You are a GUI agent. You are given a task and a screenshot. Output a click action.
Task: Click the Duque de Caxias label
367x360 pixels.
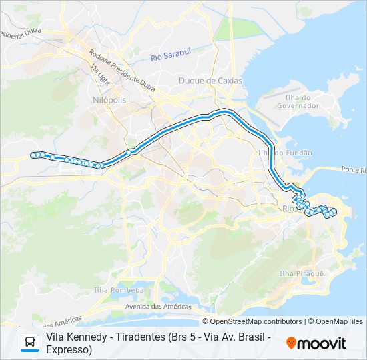click(x=210, y=81)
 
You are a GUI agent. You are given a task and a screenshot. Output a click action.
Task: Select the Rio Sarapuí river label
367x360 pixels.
click(x=167, y=57)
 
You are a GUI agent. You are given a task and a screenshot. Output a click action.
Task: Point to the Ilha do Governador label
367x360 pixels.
click(x=298, y=101)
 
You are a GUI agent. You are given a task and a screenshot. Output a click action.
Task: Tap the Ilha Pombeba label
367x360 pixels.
click(x=119, y=290)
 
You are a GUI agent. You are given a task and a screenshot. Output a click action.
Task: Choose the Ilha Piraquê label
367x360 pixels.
click(x=301, y=274)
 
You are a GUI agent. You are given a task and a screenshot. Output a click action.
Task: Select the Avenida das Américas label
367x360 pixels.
click(x=155, y=307)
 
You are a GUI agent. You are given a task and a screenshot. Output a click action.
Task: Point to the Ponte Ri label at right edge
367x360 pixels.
click(x=354, y=170)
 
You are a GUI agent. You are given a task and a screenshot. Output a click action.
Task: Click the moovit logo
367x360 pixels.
click(x=316, y=343)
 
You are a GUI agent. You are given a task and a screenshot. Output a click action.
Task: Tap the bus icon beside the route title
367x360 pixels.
click(x=30, y=343)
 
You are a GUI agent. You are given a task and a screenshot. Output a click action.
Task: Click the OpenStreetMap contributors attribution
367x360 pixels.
click(x=252, y=321)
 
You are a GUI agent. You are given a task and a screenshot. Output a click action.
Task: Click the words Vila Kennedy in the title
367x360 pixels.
click(x=74, y=337)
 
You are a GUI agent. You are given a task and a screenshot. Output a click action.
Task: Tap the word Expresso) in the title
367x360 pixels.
click(x=69, y=349)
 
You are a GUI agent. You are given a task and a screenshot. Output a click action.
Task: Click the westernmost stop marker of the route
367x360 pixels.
click(x=33, y=155)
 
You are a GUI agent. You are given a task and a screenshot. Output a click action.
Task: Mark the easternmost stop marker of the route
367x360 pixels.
click(x=334, y=212)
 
